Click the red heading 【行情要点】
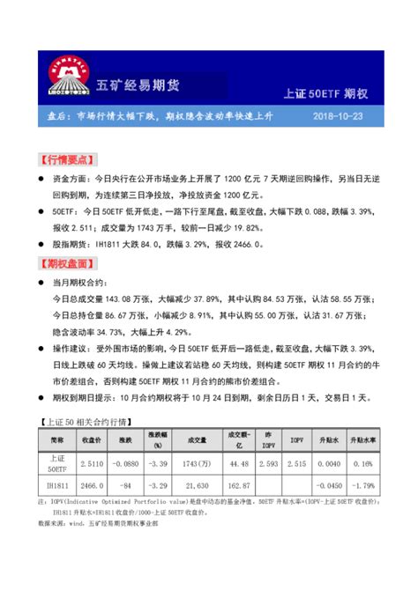66,160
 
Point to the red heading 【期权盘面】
66,262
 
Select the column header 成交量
196,438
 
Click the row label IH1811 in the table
56,484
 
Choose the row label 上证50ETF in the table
56,462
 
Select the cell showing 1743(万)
196,462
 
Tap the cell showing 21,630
196,484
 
